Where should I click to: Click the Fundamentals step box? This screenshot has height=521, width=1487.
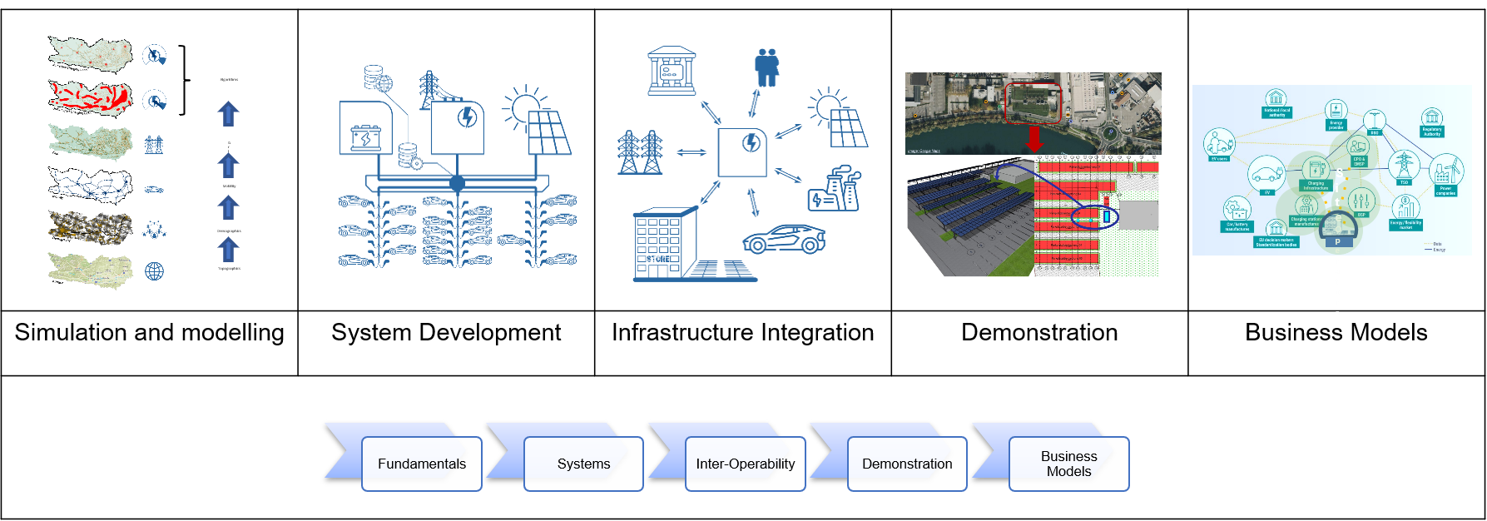[421, 464]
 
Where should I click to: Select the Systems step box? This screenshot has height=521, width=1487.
[583, 464]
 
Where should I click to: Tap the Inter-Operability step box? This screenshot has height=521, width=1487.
[745, 464]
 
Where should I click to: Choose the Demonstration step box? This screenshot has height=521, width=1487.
[907, 464]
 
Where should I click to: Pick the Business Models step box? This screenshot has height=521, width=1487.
[1068, 464]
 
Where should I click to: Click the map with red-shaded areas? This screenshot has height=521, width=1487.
[90, 97]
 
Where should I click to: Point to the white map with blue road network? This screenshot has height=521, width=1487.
[90, 185]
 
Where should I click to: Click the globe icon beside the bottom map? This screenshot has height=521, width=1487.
[155, 271]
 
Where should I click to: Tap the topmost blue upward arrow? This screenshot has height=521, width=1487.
[228, 113]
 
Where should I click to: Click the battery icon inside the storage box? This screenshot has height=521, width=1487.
[365, 137]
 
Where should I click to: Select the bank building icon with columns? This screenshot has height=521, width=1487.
[672, 71]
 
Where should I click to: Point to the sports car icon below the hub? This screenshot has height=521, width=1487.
[783, 239]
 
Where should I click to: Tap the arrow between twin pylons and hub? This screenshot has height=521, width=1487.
[691, 152]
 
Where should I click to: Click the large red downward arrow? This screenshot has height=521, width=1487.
[1034, 138]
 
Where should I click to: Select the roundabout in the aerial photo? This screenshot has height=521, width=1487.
[1110, 132]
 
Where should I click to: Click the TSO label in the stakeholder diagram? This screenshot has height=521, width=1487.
[1404, 182]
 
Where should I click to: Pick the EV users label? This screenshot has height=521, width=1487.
[1219, 158]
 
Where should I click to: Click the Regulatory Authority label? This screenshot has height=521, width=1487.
[1431, 131]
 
